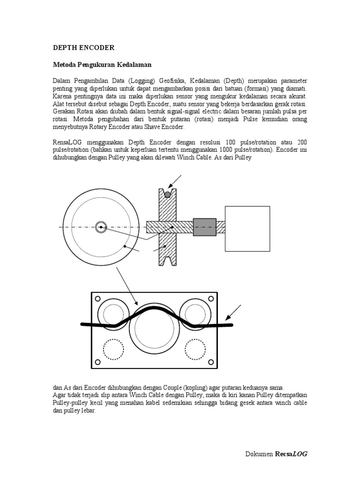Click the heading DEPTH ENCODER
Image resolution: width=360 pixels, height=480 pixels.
(83, 48)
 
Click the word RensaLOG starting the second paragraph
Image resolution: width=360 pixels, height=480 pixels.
(68, 142)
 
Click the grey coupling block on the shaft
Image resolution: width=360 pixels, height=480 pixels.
(204, 227)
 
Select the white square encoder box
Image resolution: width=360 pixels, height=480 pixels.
(247, 229)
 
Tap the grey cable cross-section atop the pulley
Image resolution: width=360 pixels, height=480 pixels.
(167, 194)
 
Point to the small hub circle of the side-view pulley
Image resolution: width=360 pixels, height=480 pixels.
(100, 227)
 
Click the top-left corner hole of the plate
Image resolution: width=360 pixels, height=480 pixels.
(97, 299)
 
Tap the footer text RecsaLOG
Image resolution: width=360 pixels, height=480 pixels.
(291, 454)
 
